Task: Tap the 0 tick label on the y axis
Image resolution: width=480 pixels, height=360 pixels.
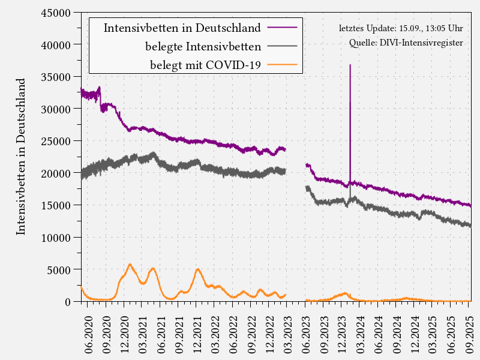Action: tap(68, 302)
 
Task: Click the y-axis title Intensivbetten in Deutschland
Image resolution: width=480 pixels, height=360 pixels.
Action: tap(21, 156)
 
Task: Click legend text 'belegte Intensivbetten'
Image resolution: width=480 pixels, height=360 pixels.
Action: tap(203, 46)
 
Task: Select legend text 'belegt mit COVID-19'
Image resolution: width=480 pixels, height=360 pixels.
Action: tap(205, 65)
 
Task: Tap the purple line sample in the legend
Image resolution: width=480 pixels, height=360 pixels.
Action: tap(282, 28)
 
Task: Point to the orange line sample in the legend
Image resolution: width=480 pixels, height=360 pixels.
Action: tap(282, 65)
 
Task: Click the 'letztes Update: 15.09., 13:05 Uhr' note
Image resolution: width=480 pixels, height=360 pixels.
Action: tap(400, 28)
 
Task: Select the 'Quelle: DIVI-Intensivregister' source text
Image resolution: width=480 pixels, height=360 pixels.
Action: tap(406, 43)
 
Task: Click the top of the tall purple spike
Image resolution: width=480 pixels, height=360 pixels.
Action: tap(350, 65)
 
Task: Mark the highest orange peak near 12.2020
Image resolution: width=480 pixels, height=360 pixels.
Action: tap(130, 264)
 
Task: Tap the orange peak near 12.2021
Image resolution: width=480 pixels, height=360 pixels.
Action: tap(198, 269)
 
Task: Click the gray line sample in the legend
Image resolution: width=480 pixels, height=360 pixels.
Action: tap(282, 46)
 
